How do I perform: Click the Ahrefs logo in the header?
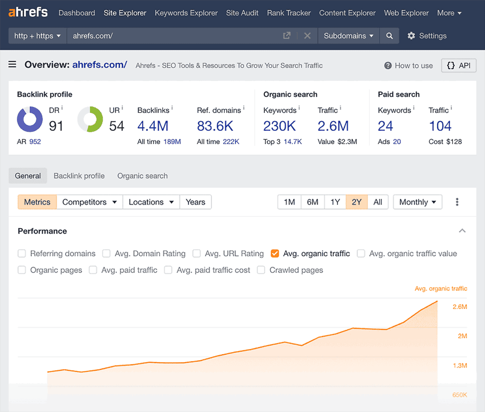point(28,12)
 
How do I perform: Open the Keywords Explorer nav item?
point(186,13)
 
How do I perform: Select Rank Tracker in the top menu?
point(289,13)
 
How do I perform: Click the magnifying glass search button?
point(389,36)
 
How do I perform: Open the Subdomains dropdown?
point(349,36)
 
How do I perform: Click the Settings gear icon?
point(411,36)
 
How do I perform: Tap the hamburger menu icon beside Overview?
point(12,65)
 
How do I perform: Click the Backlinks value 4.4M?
point(153,126)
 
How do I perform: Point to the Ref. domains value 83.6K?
point(215,126)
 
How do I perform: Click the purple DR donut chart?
point(30,119)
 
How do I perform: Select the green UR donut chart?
point(90,119)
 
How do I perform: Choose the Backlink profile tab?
point(79,176)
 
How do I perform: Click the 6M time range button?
point(312,202)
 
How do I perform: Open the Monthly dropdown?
point(417,202)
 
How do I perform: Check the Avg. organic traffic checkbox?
point(275,253)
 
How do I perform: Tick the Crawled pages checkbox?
point(261,270)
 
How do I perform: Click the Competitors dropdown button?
point(90,202)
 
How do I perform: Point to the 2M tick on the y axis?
point(462,336)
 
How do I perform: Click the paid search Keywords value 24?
point(385,126)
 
